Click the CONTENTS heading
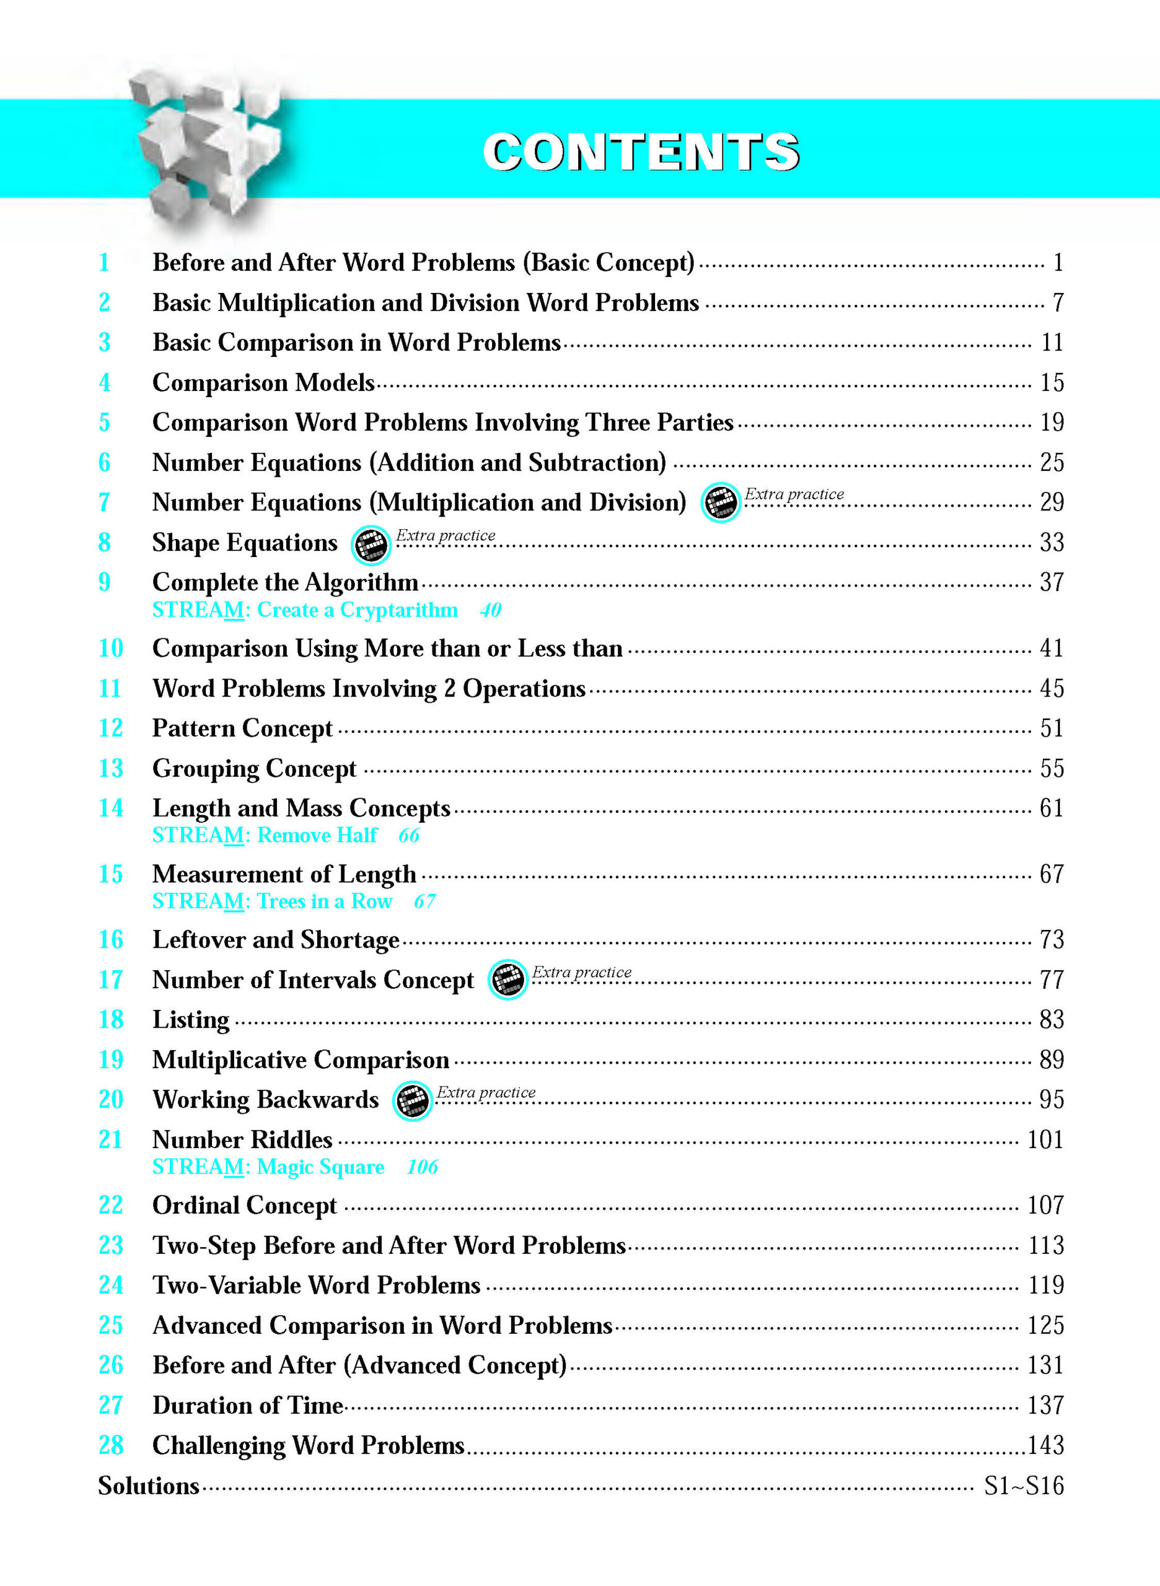coord(640,152)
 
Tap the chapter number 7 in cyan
coord(104,502)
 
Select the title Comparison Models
coord(263,383)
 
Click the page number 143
coord(1045,1445)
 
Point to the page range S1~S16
coord(1023,1486)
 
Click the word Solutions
coord(148,1486)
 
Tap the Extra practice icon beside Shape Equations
coord(371,545)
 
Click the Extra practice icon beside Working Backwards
coord(412,1100)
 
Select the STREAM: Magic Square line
coord(268,1167)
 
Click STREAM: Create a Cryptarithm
coord(305,610)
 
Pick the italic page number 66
coord(409,836)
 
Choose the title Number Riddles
coord(242,1139)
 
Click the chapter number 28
coord(111,1445)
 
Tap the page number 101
coord(1045,1139)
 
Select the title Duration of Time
coord(248,1405)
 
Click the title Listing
coord(191,1019)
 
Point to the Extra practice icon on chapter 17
coord(507,979)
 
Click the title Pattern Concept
coord(242,728)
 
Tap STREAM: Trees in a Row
coord(272,901)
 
